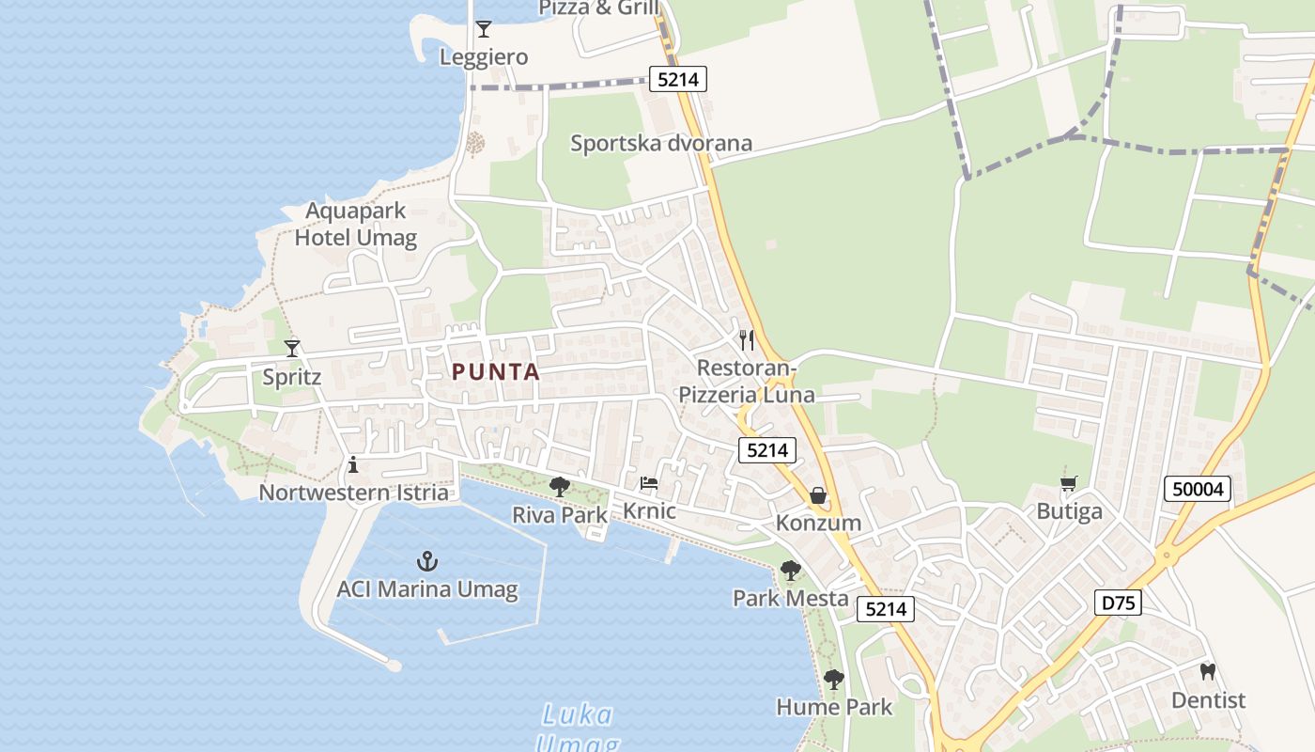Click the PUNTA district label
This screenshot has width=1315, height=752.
496,372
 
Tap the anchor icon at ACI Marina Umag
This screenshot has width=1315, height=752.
427,562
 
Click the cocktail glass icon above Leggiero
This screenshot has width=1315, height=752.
484,29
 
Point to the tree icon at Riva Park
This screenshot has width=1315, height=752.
560,486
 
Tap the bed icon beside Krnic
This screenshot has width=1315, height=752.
648,484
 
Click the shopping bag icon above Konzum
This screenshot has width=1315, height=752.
818,495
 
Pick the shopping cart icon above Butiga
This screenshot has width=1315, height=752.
1069,484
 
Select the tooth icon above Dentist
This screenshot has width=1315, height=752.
1208,672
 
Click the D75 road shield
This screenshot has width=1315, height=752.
1118,603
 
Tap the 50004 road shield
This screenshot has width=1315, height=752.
1198,489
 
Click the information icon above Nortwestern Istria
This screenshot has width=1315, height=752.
353,464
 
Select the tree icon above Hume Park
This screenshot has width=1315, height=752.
833,680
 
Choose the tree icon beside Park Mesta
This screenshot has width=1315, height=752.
791,571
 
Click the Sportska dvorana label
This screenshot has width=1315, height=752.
661,143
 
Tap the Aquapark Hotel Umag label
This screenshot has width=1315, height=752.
355,224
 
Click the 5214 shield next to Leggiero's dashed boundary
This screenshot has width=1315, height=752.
678,80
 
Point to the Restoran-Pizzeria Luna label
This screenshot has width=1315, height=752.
747,381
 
